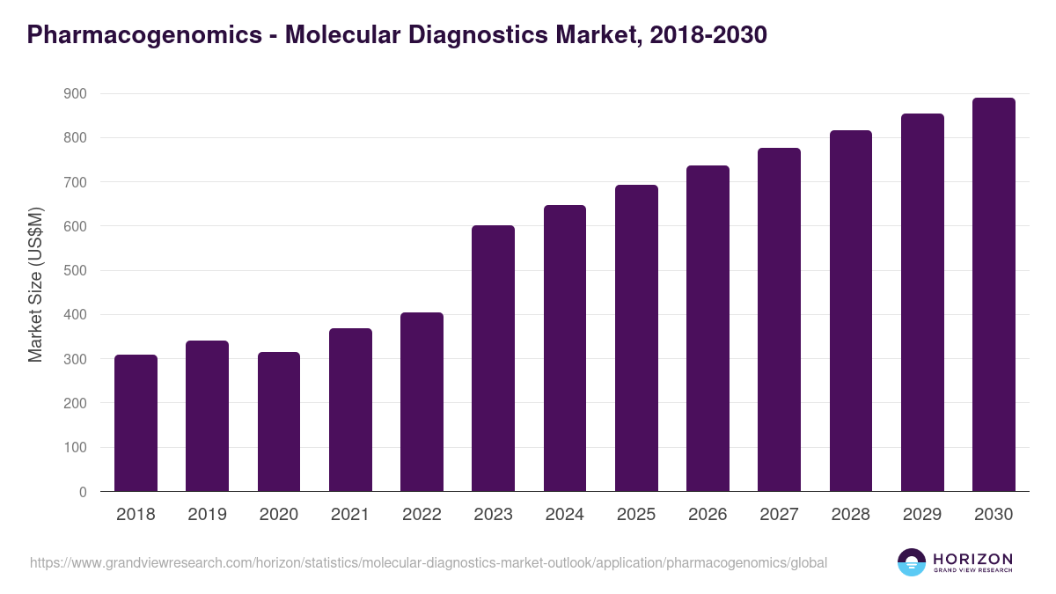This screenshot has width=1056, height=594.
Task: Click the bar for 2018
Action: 136,423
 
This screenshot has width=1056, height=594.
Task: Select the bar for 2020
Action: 279,422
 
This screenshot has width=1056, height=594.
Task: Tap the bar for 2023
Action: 493,358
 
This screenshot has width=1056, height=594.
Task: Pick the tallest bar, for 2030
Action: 994,295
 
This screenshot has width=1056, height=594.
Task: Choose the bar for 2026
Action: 708,328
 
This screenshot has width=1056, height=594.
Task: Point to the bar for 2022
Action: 422,402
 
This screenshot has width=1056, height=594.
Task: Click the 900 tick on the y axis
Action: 75,93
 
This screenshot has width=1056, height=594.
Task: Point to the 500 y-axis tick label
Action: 75,271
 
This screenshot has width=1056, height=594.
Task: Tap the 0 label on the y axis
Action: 83,492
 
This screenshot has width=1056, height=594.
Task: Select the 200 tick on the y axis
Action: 75,403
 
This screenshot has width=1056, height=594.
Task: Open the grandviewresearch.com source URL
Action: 428,562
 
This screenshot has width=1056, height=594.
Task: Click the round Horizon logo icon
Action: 912,562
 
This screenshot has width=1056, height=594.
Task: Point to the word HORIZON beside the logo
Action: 972,558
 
